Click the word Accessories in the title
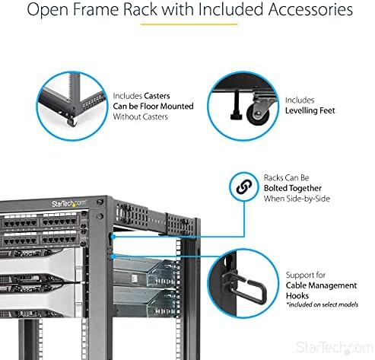point(310,9)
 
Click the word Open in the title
point(47,10)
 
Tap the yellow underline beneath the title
point(189,24)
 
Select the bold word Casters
point(157,96)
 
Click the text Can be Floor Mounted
point(153,106)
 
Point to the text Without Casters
point(140,116)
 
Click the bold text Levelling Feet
point(310,110)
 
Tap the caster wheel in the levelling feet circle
point(258,114)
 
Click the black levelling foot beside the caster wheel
point(237,105)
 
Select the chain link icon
point(244,187)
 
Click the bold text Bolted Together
point(293,188)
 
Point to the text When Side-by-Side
point(297,199)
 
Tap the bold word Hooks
point(297,296)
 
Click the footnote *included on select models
point(322,304)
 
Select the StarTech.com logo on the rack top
point(68,203)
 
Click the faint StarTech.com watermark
point(334,347)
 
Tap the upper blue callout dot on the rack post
point(114,237)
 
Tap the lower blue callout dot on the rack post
point(114,256)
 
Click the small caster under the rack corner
point(72,122)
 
